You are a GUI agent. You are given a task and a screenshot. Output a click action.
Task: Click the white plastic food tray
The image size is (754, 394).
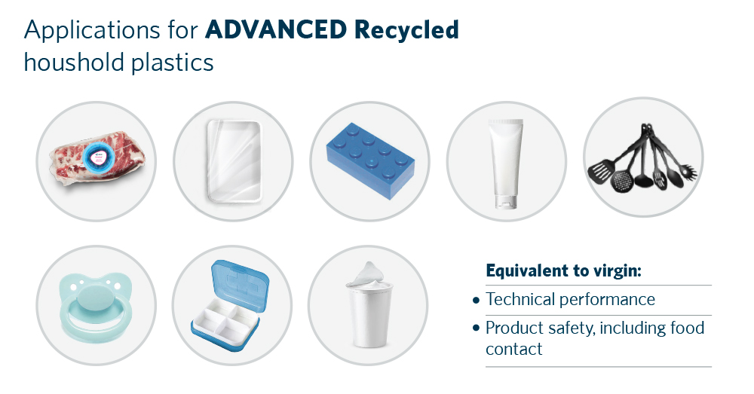point(233,160)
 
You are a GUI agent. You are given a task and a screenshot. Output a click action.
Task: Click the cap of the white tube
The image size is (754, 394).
point(505,201)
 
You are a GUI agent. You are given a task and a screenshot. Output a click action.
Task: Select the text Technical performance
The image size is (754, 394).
point(570,300)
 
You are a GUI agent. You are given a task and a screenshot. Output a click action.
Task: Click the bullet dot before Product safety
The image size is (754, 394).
point(476,328)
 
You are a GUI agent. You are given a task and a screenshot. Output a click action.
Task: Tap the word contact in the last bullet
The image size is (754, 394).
point(514,350)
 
